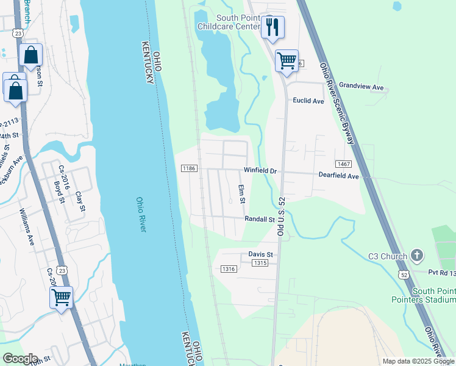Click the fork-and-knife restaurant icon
point(273,27)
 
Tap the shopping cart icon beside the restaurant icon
point(287,61)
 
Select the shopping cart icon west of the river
point(61,298)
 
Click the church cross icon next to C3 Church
point(417,255)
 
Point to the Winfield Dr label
point(260,171)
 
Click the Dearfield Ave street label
point(339,175)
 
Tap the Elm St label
point(242,195)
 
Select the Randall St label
point(259,219)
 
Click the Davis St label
point(260,254)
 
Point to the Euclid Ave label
point(308,101)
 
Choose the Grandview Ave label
point(362,87)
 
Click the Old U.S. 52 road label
point(281,217)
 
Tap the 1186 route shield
point(189,168)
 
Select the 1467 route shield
point(343,164)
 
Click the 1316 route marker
point(229,269)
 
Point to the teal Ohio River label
point(141,214)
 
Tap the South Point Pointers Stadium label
point(433,295)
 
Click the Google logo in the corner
point(21,358)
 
